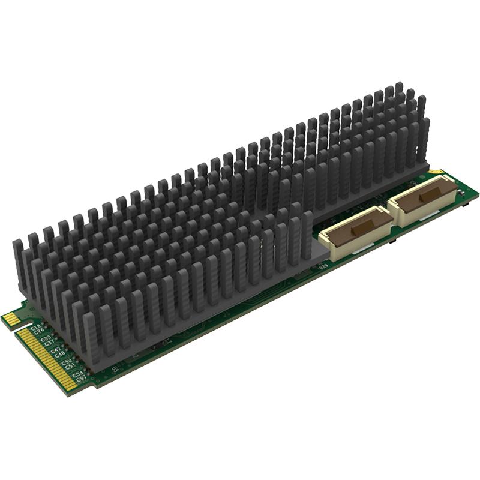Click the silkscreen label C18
click(36, 325)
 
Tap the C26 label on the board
click(40, 330)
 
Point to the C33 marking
click(46, 338)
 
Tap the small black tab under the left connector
click(392, 241)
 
